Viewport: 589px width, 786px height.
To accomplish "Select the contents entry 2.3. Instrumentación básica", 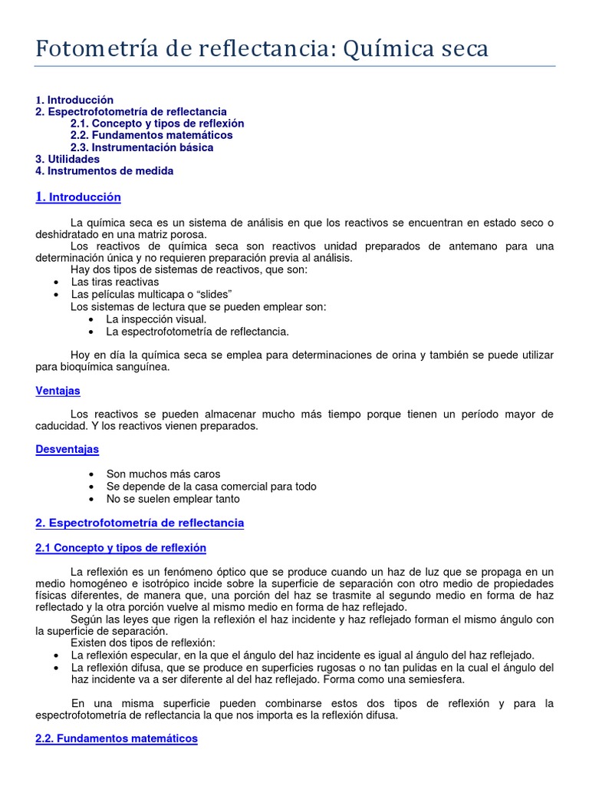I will (x=142, y=147).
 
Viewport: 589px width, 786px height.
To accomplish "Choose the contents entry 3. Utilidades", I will (x=67, y=159).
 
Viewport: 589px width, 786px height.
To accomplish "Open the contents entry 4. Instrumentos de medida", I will (x=104, y=171).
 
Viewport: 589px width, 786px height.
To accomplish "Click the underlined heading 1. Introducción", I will (x=78, y=197).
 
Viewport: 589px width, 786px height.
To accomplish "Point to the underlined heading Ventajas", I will (x=58, y=391).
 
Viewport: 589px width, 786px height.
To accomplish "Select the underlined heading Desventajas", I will (x=67, y=449).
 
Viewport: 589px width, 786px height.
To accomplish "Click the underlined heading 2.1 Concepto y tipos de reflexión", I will (x=120, y=548).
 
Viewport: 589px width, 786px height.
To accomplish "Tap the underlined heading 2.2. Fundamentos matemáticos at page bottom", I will (x=117, y=738).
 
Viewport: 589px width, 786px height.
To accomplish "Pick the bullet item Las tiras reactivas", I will (x=115, y=282).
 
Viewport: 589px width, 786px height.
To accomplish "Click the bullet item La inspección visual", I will (x=156, y=319).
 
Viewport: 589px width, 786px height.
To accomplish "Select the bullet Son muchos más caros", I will (x=163, y=474).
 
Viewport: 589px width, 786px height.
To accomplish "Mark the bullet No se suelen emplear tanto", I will (x=173, y=499).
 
